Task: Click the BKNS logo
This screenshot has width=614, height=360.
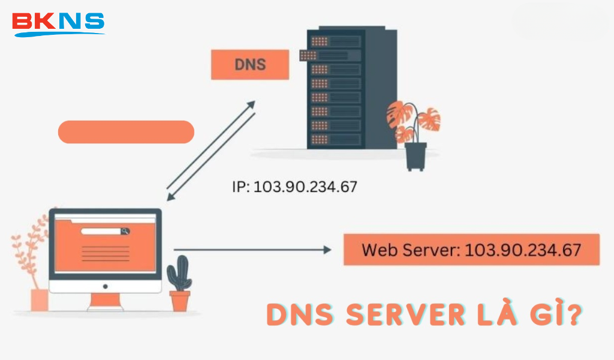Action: (58, 23)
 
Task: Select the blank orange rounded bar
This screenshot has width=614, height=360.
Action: (126, 132)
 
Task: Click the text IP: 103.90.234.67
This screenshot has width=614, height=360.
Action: (294, 187)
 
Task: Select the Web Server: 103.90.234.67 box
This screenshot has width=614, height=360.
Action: (471, 250)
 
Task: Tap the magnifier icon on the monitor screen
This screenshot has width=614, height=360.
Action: (125, 231)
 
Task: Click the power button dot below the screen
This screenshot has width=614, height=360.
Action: (105, 286)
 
